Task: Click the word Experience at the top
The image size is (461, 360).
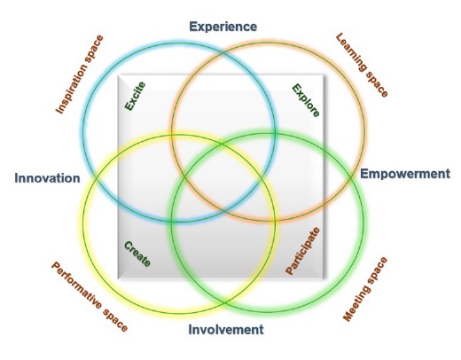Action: [223, 27]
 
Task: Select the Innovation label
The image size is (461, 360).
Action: [47, 178]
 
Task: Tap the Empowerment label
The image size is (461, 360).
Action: [405, 174]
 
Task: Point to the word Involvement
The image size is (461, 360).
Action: [226, 329]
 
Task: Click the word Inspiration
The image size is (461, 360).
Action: [72, 89]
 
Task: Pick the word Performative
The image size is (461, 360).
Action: [76, 285]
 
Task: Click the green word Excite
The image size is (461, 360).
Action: [135, 96]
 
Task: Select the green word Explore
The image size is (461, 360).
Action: [306, 100]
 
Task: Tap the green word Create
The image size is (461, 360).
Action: [137, 254]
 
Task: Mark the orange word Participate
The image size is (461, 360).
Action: [302, 251]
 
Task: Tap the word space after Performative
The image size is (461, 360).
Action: [115, 320]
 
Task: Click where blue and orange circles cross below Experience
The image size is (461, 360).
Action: [223, 54]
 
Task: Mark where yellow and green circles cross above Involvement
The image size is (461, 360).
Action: [223, 302]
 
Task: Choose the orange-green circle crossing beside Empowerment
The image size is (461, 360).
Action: [351, 177]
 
